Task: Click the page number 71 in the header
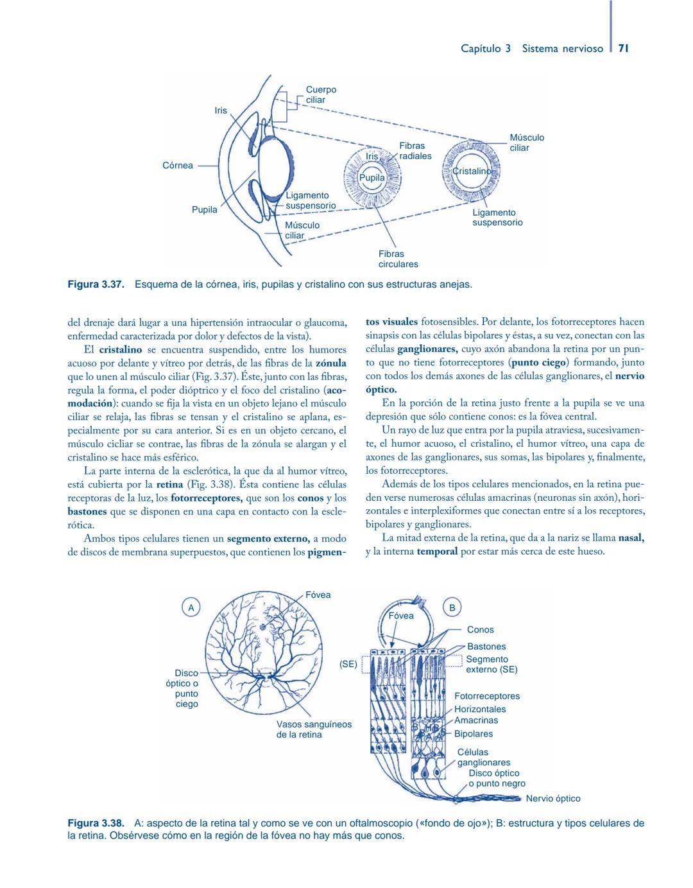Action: [x=623, y=48]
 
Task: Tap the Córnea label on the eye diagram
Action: [x=178, y=166]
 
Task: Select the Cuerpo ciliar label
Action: [x=320, y=95]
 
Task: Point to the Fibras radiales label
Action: [x=415, y=151]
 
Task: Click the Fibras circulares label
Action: [x=398, y=259]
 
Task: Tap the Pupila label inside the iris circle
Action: [x=372, y=178]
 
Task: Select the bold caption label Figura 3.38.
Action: [x=95, y=823]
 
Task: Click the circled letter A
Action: [x=191, y=607]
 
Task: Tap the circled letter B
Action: [x=452, y=607]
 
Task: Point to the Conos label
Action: [x=480, y=630]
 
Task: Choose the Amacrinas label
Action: [x=476, y=720]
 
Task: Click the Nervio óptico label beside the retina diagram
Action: [x=552, y=799]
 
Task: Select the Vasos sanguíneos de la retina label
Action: [x=314, y=729]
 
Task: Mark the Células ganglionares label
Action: [x=483, y=758]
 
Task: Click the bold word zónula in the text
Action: [x=331, y=363]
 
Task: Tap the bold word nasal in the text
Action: [x=631, y=538]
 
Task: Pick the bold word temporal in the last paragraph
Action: [x=437, y=552]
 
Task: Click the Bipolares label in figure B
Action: [x=474, y=734]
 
